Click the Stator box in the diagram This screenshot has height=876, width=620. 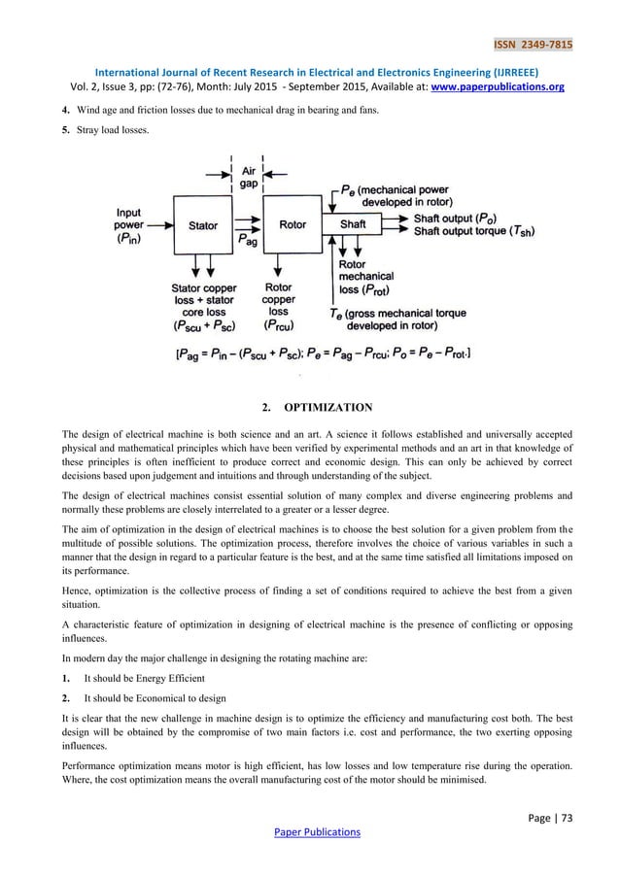[x=202, y=225]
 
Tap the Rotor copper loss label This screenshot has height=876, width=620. [x=279, y=306]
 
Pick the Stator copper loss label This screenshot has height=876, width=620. [x=203, y=306]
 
